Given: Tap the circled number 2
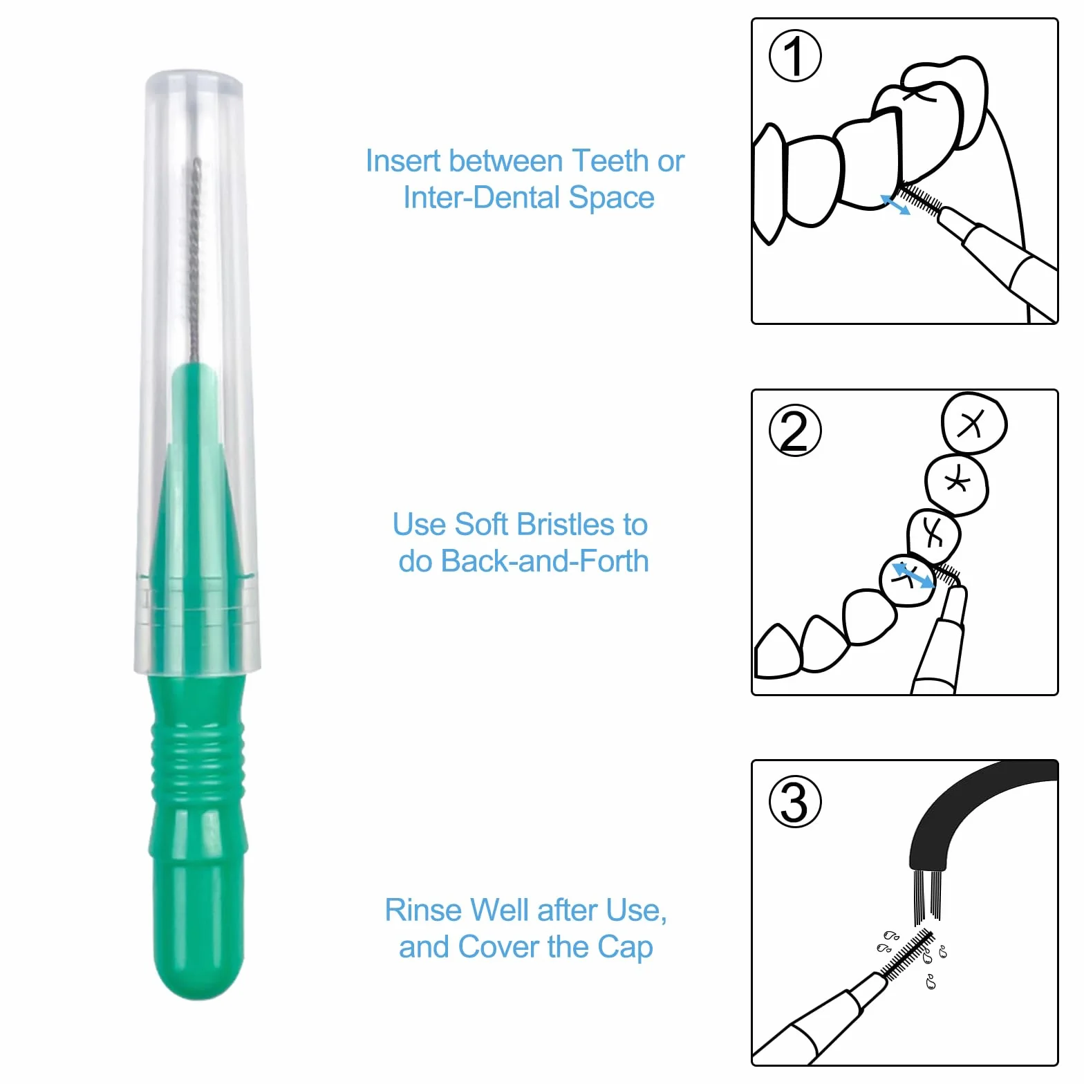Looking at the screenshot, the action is [795, 430].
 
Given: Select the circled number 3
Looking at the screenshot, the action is [795, 802].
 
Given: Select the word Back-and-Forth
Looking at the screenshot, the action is [545, 561].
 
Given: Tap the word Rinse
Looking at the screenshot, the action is [423, 910].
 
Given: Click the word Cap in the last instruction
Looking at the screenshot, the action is [625, 948].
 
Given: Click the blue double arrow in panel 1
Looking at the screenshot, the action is [895, 205].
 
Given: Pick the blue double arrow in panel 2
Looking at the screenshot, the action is [913, 576].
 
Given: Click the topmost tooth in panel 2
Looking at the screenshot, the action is [974, 423].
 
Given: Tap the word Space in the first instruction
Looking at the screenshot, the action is [611, 198].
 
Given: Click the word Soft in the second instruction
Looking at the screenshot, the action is [481, 525].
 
